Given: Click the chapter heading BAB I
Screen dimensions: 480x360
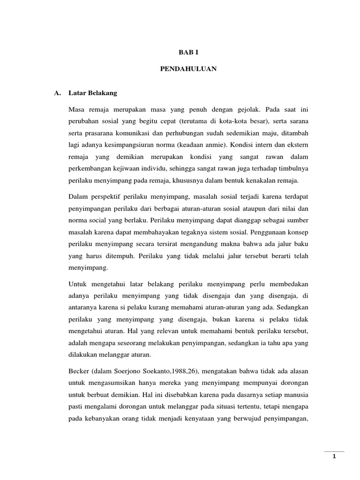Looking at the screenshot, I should pos(180,54).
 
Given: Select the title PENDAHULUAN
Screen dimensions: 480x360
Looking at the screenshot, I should pos(180,69).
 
